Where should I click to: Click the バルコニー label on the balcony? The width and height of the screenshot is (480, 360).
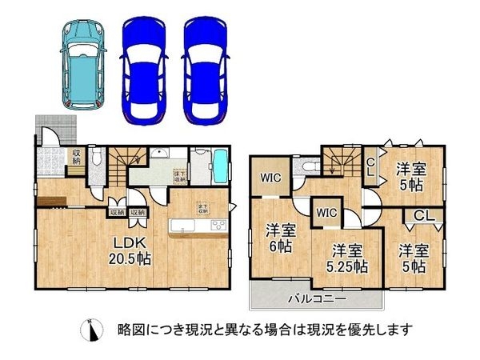[317, 299]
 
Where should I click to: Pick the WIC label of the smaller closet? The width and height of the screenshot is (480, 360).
[325, 212]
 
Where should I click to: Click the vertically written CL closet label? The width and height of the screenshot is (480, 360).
[370, 169]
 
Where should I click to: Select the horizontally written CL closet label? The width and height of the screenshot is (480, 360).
[424, 215]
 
